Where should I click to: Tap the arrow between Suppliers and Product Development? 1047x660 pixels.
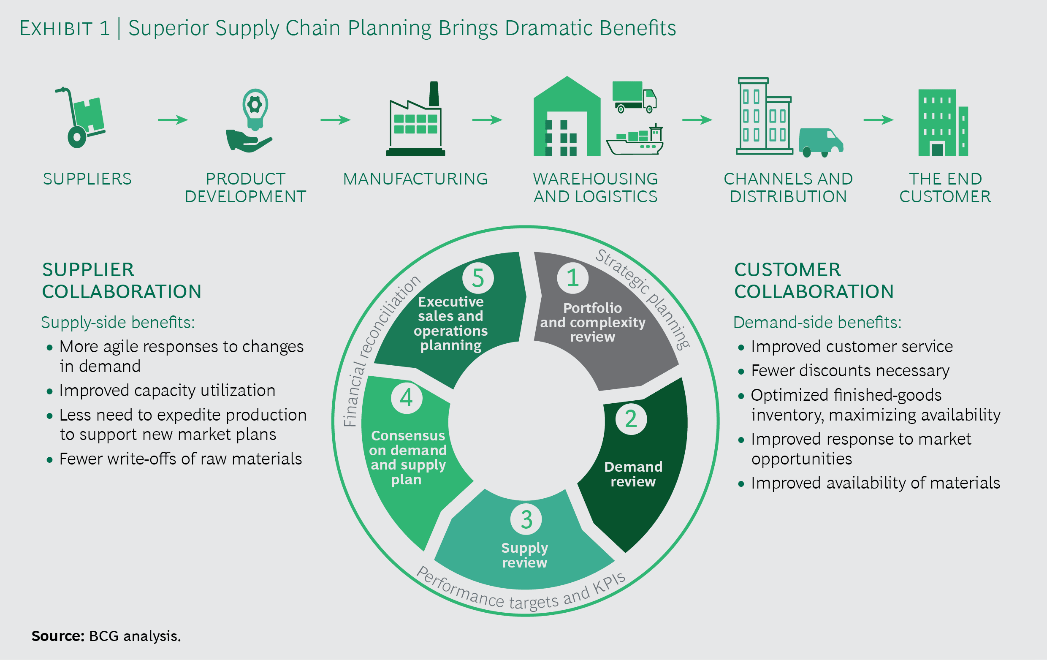click(173, 120)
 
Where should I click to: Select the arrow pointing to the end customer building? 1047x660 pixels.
click(878, 120)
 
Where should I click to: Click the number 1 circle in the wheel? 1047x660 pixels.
click(572, 278)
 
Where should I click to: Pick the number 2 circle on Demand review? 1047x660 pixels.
click(631, 419)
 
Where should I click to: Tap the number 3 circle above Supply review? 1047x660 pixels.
click(526, 519)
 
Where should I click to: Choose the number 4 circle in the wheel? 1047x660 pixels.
click(406, 397)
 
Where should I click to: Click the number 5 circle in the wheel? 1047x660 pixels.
click(478, 278)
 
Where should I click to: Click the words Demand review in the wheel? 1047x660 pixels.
click(633, 474)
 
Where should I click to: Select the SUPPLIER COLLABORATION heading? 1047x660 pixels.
click(121, 280)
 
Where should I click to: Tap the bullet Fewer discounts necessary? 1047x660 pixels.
click(849, 370)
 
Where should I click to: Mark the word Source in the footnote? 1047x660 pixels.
click(57, 636)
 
